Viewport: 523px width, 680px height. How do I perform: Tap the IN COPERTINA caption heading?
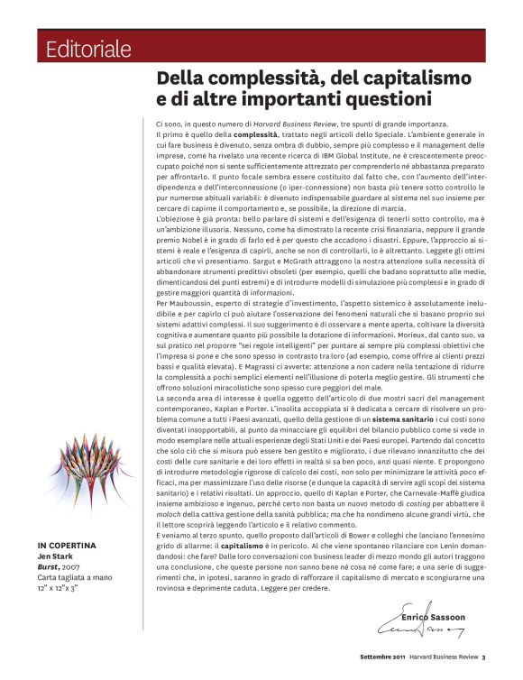68,546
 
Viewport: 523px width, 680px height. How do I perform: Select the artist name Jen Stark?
53,556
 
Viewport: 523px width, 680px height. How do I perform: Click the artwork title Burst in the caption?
49,566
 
